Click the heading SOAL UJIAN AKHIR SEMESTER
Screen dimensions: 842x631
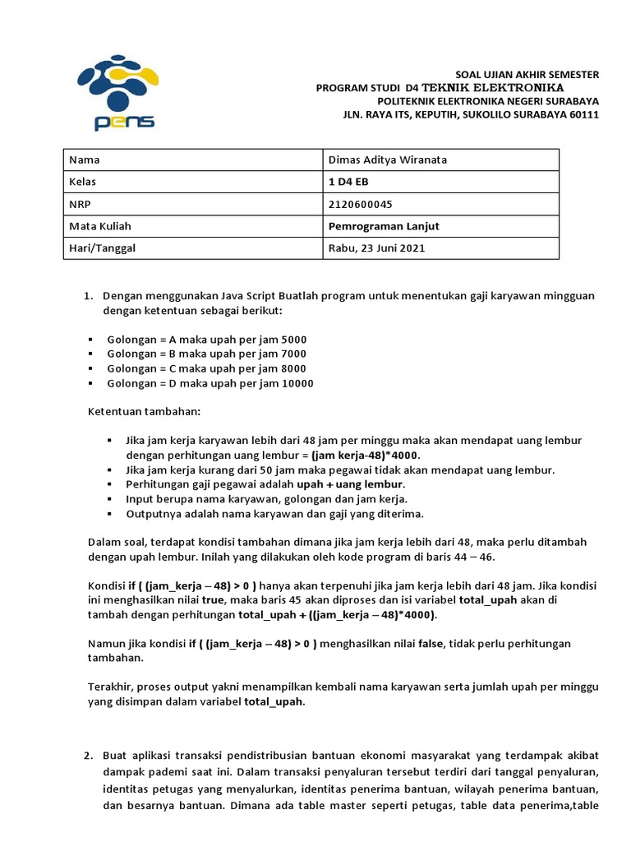(x=527, y=75)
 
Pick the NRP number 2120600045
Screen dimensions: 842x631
(x=356, y=204)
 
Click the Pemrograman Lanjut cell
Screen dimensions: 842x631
(x=378, y=226)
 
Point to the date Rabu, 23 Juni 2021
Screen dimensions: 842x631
(x=377, y=248)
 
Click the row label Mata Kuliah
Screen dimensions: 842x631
(x=100, y=226)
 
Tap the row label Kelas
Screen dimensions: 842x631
(x=83, y=182)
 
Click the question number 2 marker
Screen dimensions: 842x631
(x=89, y=756)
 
